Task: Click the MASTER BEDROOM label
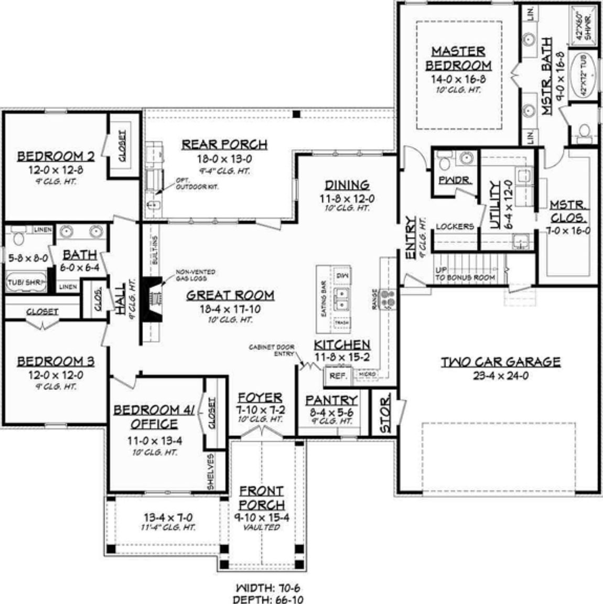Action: pos(458,58)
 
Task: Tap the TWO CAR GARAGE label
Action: pos(500,362)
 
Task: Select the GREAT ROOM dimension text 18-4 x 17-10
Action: pos(230,309)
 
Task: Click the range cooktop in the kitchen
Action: pos(389,298)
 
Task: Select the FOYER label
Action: pos(260,398)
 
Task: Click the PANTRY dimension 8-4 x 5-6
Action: pos(331,413)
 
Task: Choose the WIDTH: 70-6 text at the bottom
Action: pos(268,588)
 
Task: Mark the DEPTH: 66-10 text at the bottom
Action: pos(268,599)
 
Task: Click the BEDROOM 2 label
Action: pos(56,156)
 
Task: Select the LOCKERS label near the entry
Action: pos(455,226)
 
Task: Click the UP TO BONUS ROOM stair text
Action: pos(465,274)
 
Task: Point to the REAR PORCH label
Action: pos(224,144)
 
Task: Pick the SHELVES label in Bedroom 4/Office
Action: pos(211,472)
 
